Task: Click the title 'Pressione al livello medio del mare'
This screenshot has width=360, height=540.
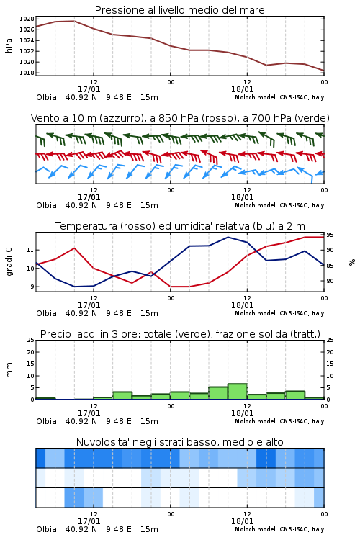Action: (179, 10)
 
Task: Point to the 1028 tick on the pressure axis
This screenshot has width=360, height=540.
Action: (27, 19)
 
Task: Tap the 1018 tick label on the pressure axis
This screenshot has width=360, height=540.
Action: (27, 73)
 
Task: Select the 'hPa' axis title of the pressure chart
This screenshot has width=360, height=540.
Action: (9, 45)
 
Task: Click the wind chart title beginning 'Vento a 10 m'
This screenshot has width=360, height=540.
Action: (180, 118)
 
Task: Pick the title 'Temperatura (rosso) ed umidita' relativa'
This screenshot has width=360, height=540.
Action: (180, 226)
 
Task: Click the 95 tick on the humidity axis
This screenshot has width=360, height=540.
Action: (330, 235)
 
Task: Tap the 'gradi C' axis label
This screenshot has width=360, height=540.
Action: (9, 262)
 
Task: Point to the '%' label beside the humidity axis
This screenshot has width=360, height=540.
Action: (352, 262)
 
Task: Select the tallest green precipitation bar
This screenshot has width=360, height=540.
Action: (238, 392)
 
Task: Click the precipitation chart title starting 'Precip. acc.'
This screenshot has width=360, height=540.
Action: (180, 334)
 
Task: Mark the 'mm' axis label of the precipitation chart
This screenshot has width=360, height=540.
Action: (9, 370)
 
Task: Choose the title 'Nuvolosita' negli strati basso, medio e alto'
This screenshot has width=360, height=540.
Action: (179, 442)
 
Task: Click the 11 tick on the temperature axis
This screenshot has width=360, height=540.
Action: (30, 250)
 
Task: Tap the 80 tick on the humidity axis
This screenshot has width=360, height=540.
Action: (330, 281)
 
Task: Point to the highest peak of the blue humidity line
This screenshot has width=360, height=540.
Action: (228, 237)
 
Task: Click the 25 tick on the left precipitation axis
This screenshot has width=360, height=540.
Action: (31, 340)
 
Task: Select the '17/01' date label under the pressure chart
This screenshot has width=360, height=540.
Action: (89, 89)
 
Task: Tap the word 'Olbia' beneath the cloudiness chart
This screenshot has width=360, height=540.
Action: (47, 529)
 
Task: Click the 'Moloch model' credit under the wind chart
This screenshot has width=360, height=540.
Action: (256, 205)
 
